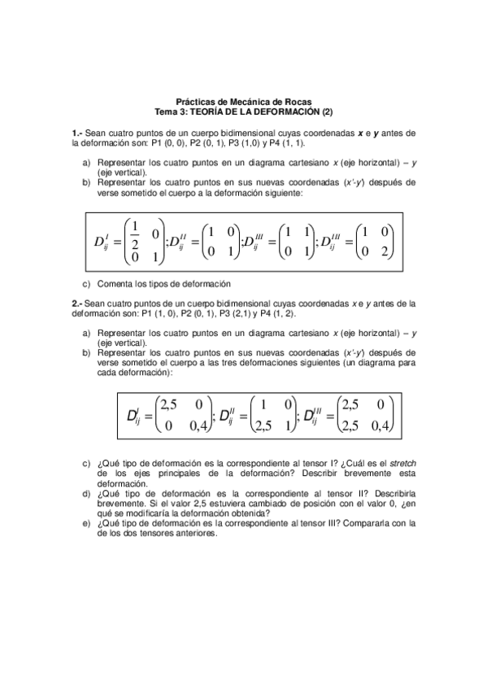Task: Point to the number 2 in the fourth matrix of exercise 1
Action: coord(385,251)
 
